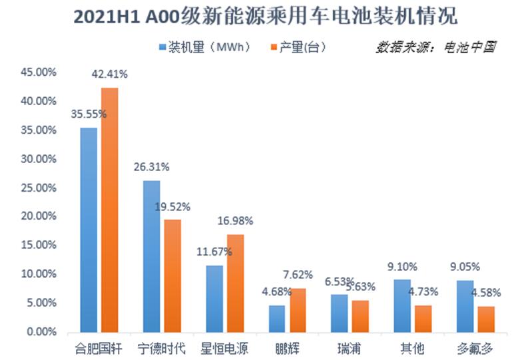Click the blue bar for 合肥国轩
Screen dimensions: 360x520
tap(89, 230)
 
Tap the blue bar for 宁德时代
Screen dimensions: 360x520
tap(151, 256)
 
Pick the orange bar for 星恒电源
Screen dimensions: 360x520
tap(235, 283)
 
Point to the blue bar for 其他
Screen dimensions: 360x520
tap(403, 305)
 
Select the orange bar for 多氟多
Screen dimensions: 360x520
tap(485, 319)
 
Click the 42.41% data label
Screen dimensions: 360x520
tap(109, 74)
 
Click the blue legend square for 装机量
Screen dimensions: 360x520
tap(162, 48)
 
